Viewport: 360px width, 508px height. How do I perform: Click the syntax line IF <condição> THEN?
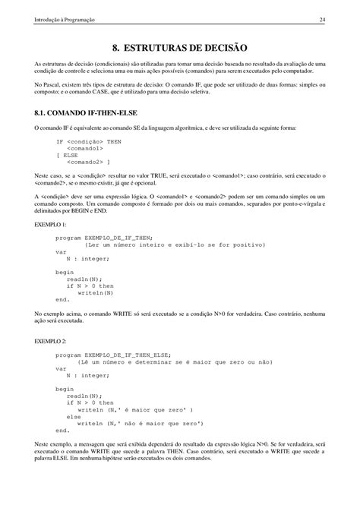(89, 141)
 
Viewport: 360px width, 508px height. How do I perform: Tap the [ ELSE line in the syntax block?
(68, 155)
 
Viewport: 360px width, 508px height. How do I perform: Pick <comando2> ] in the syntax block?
(87, 162)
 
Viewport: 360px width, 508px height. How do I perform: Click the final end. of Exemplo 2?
(62, 430)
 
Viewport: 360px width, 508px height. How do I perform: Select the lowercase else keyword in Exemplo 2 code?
(74, 416)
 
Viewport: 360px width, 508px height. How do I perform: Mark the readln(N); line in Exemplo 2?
(84, 396)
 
